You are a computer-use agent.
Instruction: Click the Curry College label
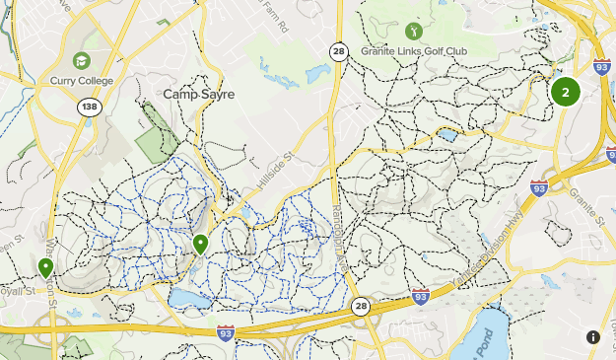click(83, 80)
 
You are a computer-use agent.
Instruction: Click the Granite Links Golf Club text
click(413, 51)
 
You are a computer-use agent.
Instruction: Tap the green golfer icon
click(412, 34)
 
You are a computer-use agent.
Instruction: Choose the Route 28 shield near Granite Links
click(338, 51)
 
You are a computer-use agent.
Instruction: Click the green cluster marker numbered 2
click(565, 93)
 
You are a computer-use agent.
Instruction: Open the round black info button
click(593, 337)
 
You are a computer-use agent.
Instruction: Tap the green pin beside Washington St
click(45, 267)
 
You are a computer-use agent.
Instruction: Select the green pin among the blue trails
click(200, 243)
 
